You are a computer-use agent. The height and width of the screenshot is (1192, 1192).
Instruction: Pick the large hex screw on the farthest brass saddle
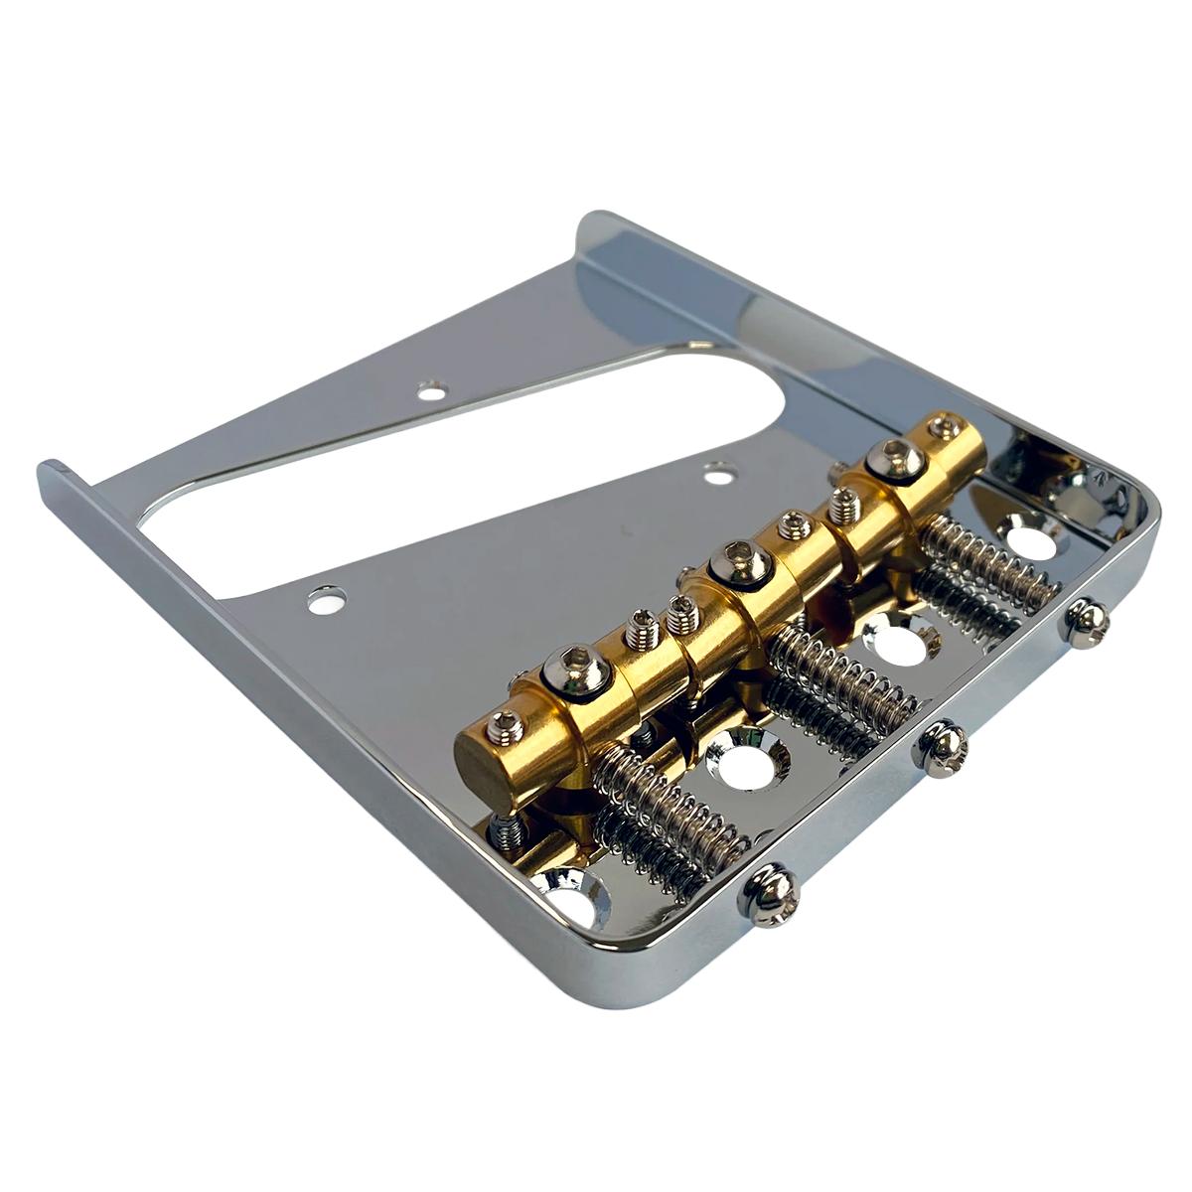892,458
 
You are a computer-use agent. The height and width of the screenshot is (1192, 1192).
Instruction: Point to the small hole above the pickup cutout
431,390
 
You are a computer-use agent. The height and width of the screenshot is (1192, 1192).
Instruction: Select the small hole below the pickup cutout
325,600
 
